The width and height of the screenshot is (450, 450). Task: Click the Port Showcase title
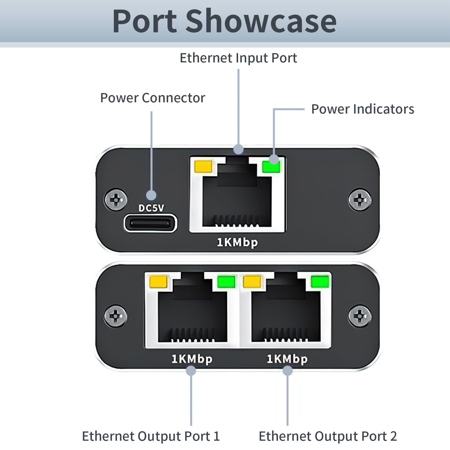pos(224,21)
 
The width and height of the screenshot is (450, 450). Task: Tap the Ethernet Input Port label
pos(238,58)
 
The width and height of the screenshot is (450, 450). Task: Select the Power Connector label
pos(153,98)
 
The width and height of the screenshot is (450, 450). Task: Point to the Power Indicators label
pos(363,109)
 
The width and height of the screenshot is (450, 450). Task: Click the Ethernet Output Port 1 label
pos(151,436)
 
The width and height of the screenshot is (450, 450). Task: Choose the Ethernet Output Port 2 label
pos(328,436)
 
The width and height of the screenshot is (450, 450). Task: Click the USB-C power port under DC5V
pos(151,223)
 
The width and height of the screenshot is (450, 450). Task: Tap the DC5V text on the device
pos(151,208)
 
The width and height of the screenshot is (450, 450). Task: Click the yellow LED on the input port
pos(203,166)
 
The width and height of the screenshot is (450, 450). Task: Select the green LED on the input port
pos(271,166)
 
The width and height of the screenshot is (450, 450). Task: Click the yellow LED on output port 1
pos(159,282)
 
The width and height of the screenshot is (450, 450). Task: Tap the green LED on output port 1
pos(226,282)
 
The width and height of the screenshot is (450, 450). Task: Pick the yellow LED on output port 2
pos(252,282)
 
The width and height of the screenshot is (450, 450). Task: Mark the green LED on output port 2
pos(320,282)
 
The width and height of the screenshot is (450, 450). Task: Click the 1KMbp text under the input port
pos(237,243)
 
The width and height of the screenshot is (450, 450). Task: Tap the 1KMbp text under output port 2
pos(287,359)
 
